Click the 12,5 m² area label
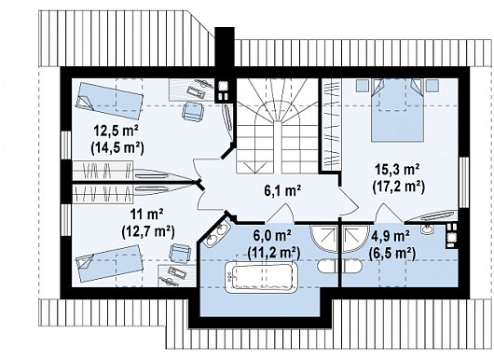(117, 131)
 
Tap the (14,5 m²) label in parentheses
(117, 147)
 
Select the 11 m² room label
(148, 215)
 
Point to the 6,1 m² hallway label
(282, 190)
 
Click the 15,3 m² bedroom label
(398, 170)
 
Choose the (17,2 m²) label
(398, 187)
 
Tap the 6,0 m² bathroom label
(272, 235)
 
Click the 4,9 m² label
(390, 235)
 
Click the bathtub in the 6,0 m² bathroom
(261, 277)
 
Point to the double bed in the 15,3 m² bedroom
(397, 109)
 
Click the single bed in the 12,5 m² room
(108, 101)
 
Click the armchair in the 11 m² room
(180, 253)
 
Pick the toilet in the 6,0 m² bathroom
(326, 267)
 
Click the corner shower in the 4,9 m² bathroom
(354, 239)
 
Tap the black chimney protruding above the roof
(225, 47)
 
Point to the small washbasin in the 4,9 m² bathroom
(427, 229)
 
